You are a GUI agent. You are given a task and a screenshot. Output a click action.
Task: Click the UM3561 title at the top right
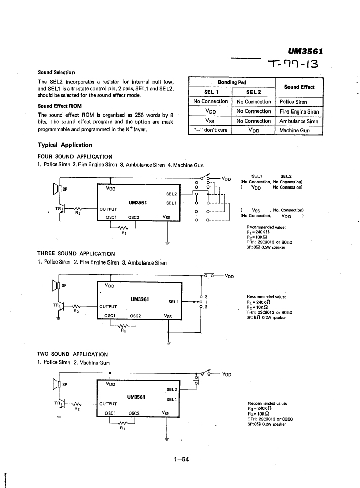click(305, 51)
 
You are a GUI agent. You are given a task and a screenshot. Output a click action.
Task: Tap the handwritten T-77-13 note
click(293, 64)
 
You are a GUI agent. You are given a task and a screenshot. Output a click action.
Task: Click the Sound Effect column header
click(299, 87)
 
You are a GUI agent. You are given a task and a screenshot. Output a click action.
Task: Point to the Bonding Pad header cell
click(232, 82)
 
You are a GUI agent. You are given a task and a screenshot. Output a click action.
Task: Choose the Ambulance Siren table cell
click(299, 121)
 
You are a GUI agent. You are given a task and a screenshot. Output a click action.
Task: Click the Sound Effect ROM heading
click(59, 106)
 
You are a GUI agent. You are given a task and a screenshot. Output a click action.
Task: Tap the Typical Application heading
click(65, 145)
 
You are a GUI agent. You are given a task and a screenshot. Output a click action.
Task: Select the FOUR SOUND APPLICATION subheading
click(75, 156)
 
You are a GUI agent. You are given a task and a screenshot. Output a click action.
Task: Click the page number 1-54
click(182, 459)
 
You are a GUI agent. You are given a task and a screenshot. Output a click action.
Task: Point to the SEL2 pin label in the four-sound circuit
click(171, 194)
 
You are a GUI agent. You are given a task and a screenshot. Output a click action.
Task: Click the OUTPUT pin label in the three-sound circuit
click(108, 307)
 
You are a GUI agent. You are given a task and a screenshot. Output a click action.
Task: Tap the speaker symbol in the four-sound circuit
click(56, 189)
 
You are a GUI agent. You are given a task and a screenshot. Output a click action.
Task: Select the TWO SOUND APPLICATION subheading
click(73, 354)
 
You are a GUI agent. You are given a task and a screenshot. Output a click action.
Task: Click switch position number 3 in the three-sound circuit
click(206, 307)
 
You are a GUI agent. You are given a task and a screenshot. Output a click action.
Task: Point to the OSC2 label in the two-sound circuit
click(134, 414)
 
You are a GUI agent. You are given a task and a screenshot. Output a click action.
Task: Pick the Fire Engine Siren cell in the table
click(299, 111)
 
